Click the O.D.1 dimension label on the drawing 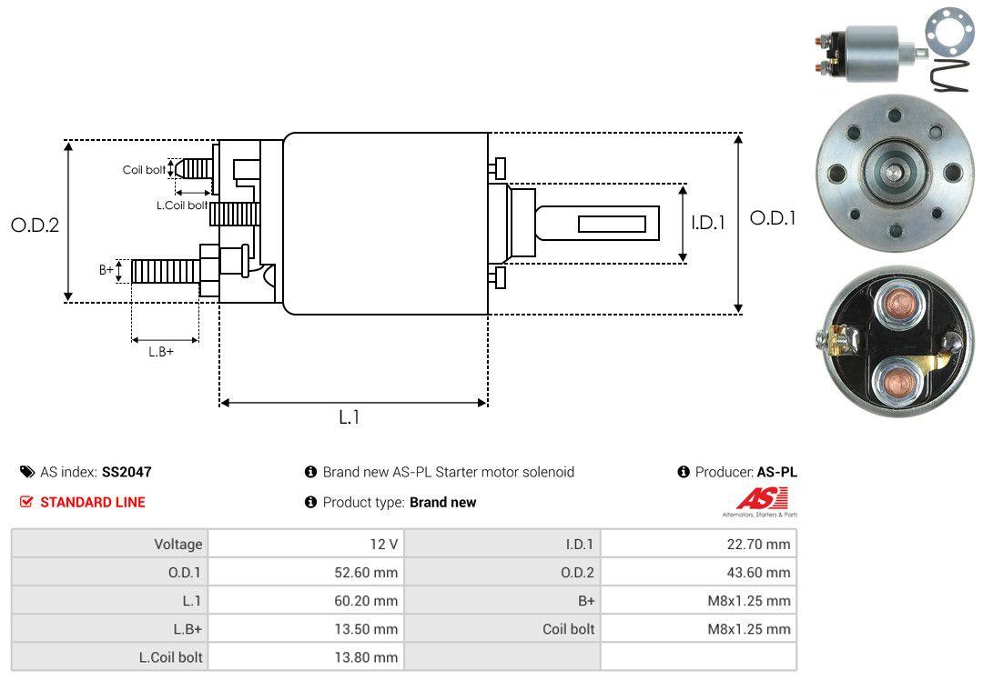pyautogui.click(x=772, y=218)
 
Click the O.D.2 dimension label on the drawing pyautogui.click(x=35, y=225)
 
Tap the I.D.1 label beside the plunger pyautogui.click(x=707, y=222)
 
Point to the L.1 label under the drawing pyautogui.click(x=350, y=417)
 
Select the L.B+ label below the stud pyautogui.click(x=161, y=352)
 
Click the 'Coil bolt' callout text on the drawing pyautogui.click(x=144, y=170)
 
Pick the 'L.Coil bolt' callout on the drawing pyautogui.click(x=182, y=205)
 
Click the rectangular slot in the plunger pyautogui.click(x=612, y=224)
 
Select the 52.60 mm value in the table pyautogui.click(x=368, y=572)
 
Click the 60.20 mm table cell pyautogui.click(x=368, y=600)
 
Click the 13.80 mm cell pyautogui.click(x=368, y=656)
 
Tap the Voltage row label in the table pyautogui.click(x=177, y=544)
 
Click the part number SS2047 pyautogui.click(x=127, y=472)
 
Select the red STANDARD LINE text pyautogui.click(x=92, y=502)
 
